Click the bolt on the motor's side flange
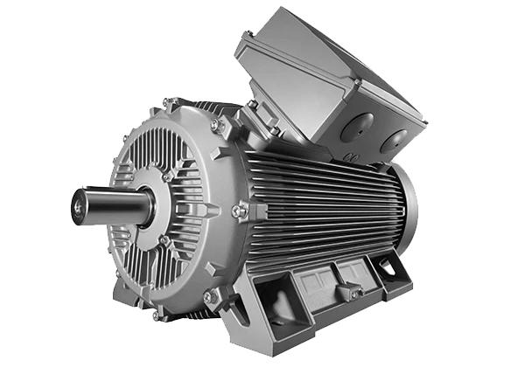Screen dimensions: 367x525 pyautogui.click(x=237, y=211)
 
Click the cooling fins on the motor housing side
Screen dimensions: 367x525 pyautogui.click(x=324, y=201)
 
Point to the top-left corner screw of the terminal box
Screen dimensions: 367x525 pyautogui.click(x=250, y=36)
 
